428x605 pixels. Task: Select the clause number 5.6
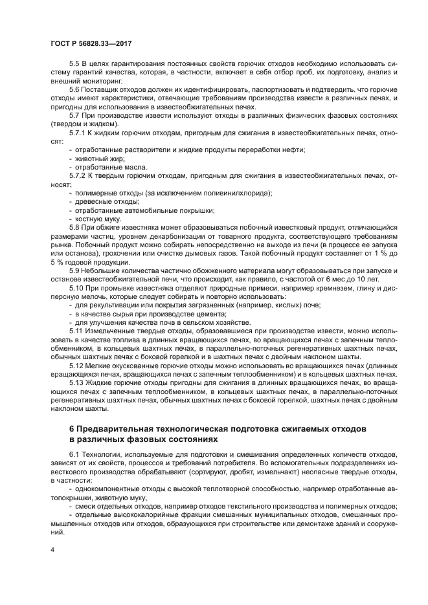point(74,90)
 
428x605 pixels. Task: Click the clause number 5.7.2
point(77,175)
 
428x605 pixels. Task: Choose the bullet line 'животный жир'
point(100,158)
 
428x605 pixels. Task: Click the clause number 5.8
point(74,227)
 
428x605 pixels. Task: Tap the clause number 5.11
point(76,330)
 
